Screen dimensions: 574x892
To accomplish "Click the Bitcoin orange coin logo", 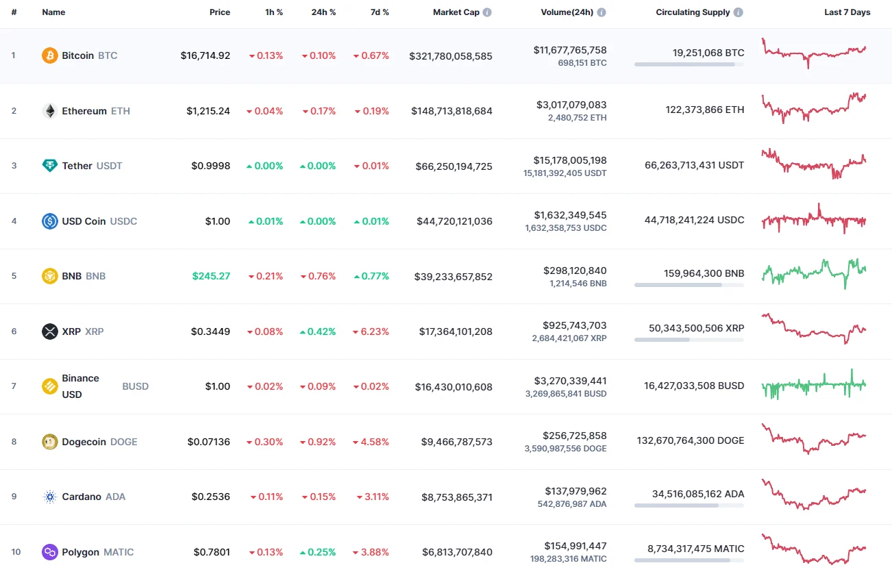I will [50, 55].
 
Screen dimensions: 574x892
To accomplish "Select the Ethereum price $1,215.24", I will [208, 111].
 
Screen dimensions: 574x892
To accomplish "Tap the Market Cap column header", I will [456, 12].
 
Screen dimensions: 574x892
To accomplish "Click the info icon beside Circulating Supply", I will [739, 12].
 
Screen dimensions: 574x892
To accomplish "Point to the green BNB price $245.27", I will [211, 276].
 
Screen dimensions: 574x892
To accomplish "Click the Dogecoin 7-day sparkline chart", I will [814, 439].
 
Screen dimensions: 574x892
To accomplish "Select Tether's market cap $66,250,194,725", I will [454, 166].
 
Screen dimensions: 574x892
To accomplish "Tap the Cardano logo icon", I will [50, 497].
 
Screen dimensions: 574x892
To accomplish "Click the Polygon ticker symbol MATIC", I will [119, 552].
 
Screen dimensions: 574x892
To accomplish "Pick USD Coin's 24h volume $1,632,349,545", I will [570, 215].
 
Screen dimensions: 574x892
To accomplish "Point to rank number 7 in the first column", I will [14, 386].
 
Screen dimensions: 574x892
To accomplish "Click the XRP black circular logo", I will [50, 332].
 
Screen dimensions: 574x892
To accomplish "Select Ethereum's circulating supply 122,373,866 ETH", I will [704, 110].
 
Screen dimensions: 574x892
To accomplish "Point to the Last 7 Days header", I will [847, 12].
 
